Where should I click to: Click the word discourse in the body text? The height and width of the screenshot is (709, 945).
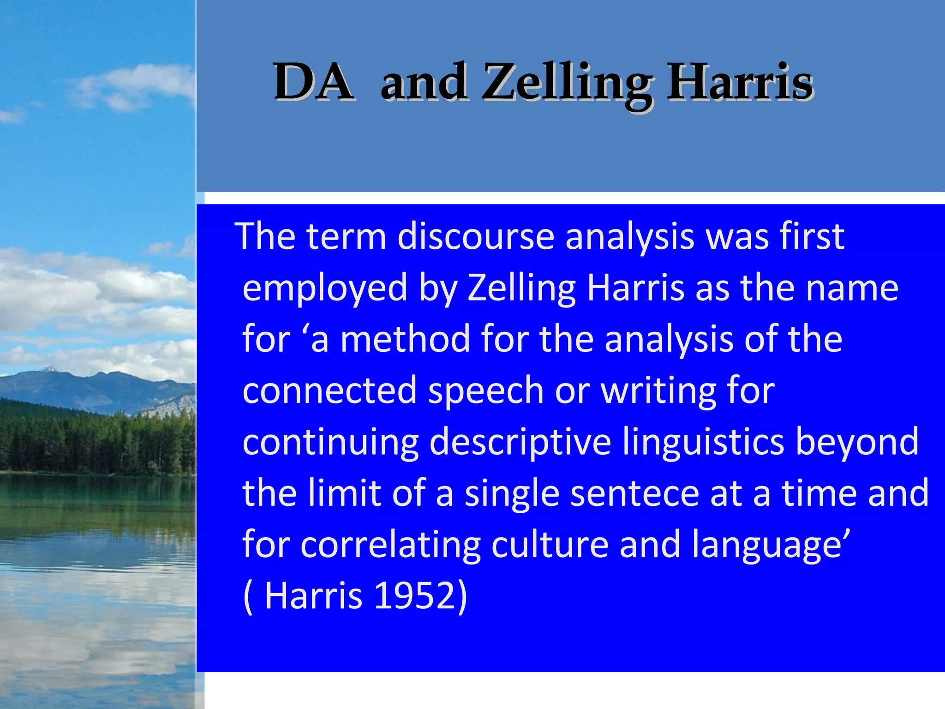(x=475, y=236)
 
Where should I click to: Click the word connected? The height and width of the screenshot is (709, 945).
(x=329, y=391)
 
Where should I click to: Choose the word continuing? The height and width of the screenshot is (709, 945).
(x=330, y=442)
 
